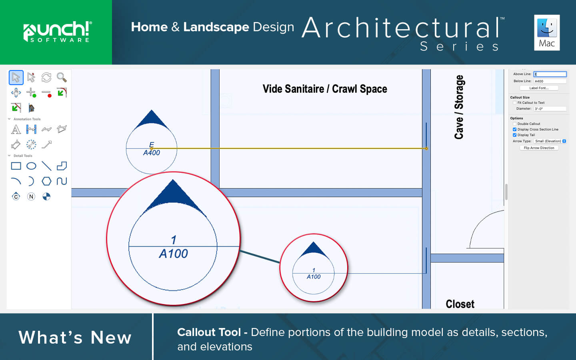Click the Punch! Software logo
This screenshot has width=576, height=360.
(x=57, y=32)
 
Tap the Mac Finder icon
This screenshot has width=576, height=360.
(x=547, y=32)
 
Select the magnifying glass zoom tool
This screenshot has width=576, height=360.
(x=62, y=78)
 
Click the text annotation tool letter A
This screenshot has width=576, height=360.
(x=16, y=129)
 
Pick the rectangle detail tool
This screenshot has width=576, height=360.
(x=16, y=166)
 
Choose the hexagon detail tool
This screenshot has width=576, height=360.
(x=46, y=181)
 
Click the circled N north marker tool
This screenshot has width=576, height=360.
(x=31, y=197)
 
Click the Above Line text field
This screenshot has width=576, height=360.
(x=550, y=74)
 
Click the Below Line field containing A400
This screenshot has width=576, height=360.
(x=550, y=81)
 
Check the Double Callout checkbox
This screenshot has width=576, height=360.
(x=514, y=124)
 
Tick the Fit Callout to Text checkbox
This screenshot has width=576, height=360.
(x=514, y=102)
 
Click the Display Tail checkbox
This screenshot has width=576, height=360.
(x=514, y=135)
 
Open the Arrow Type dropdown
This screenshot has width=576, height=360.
(x=550, y=141)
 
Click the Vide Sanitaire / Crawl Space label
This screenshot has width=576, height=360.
(x=325, y=89)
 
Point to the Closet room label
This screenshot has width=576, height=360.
(x=460, y=304)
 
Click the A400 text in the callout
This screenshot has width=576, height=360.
(x=152, y=153)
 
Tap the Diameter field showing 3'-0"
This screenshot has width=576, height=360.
(x=550, y=109)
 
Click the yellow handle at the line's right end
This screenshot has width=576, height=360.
(x=426, y=149)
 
